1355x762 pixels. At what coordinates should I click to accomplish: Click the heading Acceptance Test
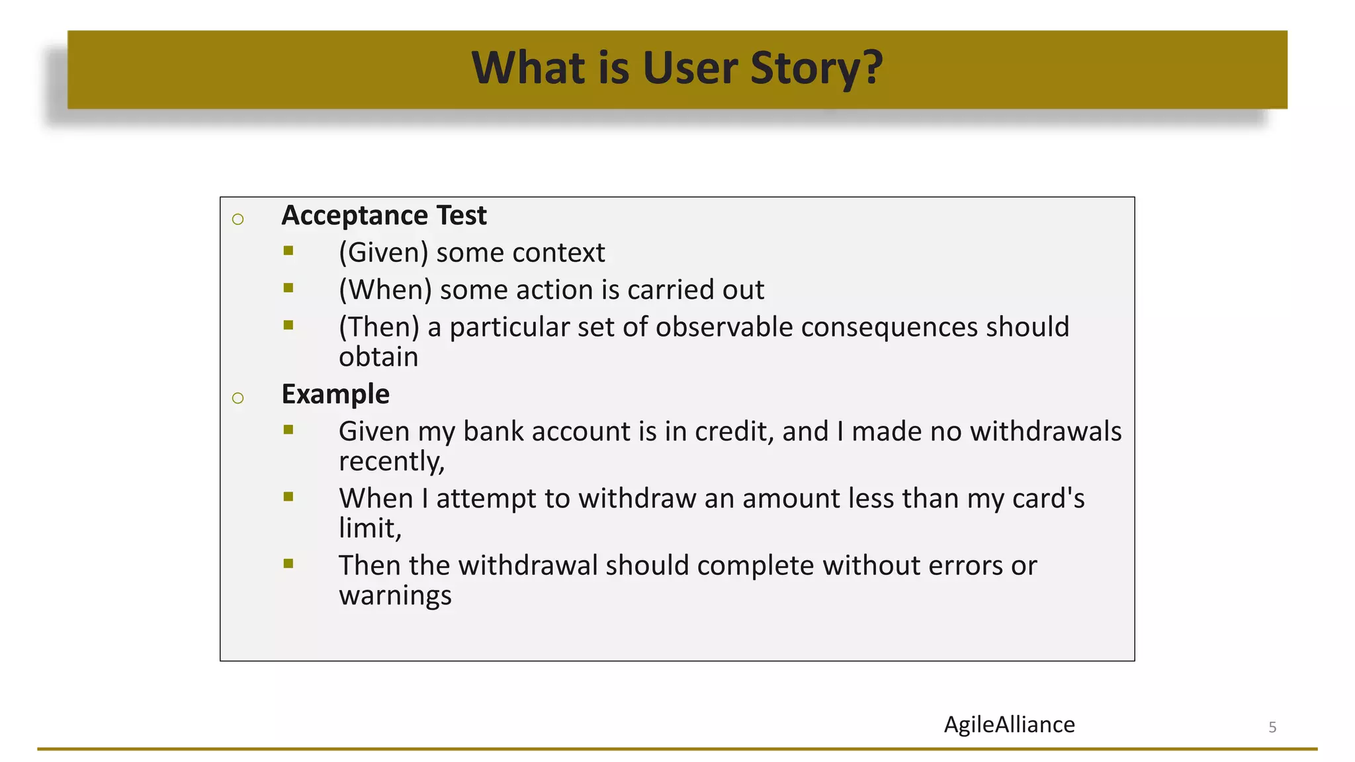(384, 216)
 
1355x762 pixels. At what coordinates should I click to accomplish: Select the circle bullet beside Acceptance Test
(238, 220)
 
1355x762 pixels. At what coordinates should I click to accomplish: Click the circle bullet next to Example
(238, 398)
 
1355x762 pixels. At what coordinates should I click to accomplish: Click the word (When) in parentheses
(385, 290)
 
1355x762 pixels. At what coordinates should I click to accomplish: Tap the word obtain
(378, 357)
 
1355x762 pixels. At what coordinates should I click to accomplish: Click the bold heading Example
(335, 394)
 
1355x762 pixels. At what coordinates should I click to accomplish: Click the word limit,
(370, 529)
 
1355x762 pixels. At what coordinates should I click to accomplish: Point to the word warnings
(395, 596)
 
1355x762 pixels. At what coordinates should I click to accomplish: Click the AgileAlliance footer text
(1009, 725)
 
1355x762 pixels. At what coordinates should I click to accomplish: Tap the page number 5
(1272, 728)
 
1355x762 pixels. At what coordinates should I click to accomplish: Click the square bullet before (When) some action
(288, 288)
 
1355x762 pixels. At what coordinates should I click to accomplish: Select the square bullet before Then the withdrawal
(288, 564)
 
